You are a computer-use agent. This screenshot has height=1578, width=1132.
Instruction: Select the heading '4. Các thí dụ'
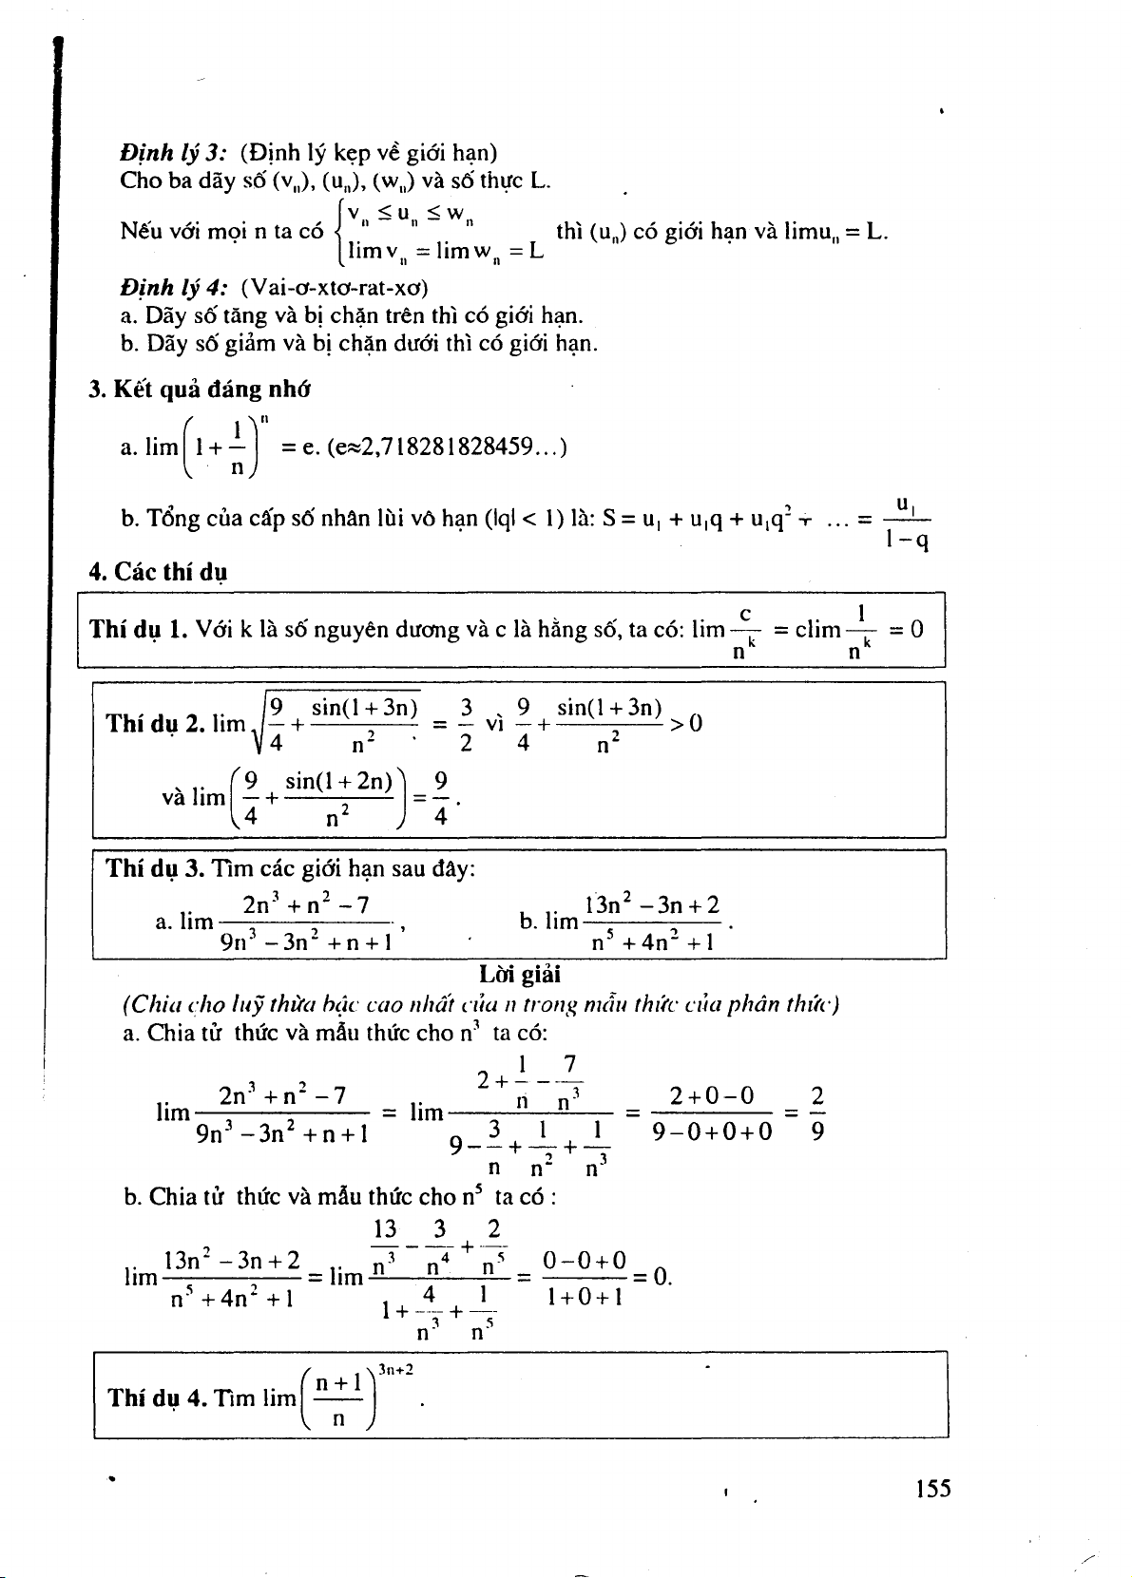click(158, 572)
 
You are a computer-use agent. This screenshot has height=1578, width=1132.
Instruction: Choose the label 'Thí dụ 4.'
click(157, 1397)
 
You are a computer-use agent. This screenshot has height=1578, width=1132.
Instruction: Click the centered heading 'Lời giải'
click(520, 974)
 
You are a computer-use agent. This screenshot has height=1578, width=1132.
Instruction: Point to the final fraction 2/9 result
click(818, 1113)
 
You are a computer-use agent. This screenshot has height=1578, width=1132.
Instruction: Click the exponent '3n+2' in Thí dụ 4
click(395, 1369)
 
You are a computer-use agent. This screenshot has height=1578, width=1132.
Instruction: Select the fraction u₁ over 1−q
click(906, 521)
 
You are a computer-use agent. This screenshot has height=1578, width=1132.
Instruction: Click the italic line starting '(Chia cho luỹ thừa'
click(480, 1004)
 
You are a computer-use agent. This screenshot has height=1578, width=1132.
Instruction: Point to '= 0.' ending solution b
click(653, 1276)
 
